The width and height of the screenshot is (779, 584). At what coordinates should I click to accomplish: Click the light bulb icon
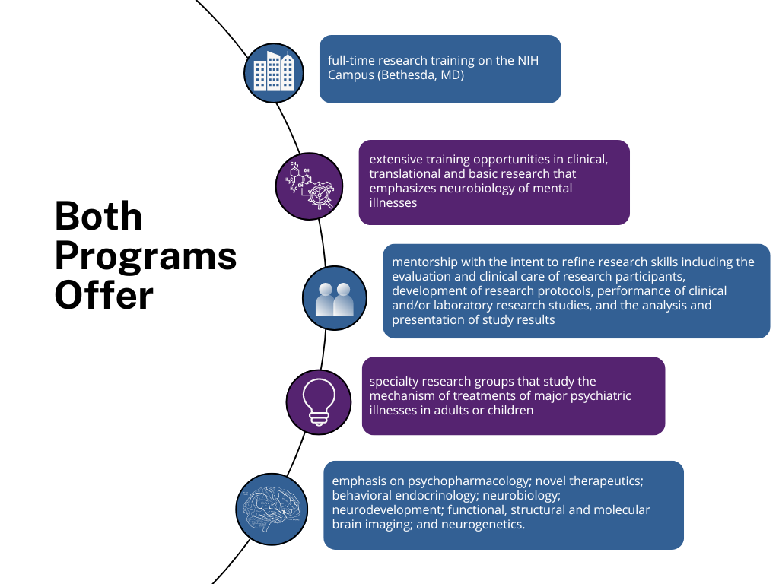pyautogui.click(x=318, y=399)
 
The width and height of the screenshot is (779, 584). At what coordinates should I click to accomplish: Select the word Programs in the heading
pyautogui.click(x=145, y=256)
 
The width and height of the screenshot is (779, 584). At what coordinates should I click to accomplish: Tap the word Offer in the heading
pyautogui.click(x=103, y=296)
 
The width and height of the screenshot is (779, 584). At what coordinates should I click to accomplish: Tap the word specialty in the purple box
pyautogui.click(x=394, y=382)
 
